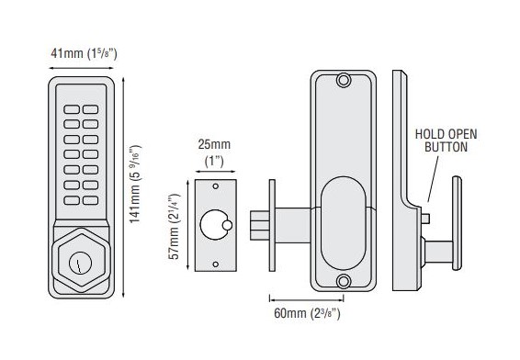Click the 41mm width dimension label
(84, 53)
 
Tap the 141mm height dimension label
(135, 184)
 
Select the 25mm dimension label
(214, 153)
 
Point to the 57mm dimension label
(174, 226)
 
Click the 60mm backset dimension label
(307, 313)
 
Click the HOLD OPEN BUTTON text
(447, 141)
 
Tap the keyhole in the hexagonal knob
(80, 263)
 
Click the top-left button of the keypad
(72, 109)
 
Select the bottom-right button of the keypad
(91, 200)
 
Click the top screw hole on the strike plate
(216, 186)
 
